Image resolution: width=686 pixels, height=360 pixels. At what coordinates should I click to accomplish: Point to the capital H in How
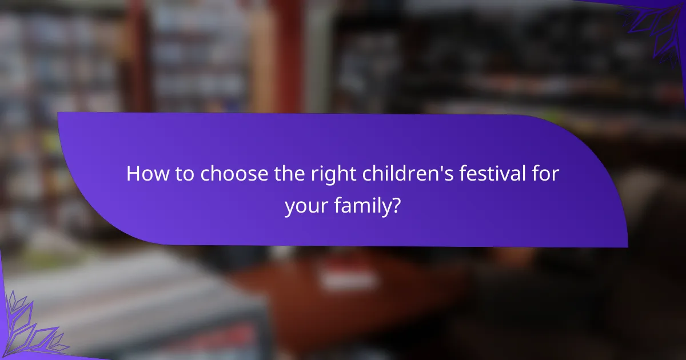click(x=133, y=174)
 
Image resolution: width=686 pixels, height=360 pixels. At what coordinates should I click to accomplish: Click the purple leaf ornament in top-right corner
click(x=657, y=26)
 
